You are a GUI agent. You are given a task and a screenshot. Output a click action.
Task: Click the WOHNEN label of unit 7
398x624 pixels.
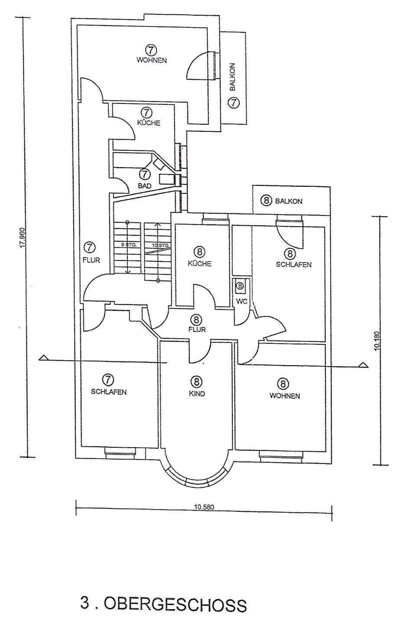coord(152,60)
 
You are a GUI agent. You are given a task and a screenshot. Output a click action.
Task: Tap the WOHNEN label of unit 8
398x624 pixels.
coord(284,396)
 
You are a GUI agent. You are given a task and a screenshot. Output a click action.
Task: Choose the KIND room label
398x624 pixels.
coord(197,394)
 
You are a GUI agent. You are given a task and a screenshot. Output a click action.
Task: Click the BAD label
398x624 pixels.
coord(145,185)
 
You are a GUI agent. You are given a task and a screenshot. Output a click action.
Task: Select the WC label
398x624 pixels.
coord(241,302)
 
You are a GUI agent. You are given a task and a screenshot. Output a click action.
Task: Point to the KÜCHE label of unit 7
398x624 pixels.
coord(149,123)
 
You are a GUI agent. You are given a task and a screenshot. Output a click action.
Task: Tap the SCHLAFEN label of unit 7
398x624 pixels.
coord(108,392)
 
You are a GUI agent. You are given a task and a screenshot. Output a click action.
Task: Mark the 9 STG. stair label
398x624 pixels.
coord(129,245)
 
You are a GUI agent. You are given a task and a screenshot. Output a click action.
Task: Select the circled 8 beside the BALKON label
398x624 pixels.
coord(266,201)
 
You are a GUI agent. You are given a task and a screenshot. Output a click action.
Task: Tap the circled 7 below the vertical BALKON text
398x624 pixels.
coord(234,103)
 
